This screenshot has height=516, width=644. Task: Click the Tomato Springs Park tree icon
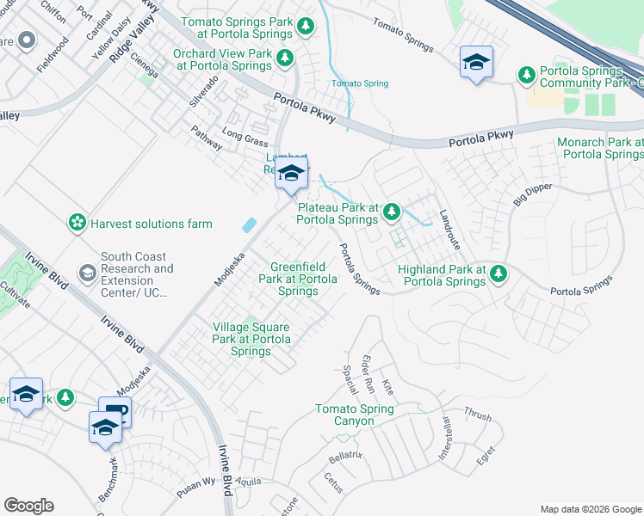click(305, 28)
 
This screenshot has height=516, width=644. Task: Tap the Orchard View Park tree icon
click(283, 59)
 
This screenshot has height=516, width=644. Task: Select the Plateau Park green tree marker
click(393, 210)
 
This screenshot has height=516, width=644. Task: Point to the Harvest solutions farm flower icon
click(77, 224)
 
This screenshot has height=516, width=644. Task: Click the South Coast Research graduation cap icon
click(87, 273)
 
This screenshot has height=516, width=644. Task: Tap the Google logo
click(28, 506)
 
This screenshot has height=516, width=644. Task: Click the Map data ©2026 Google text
click(590, 509)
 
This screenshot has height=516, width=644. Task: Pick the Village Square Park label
click(251, 339)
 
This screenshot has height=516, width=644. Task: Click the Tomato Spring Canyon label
click(344, 415)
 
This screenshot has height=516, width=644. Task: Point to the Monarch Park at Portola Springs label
click(600, 148)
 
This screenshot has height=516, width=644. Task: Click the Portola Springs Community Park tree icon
click(527, 76)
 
